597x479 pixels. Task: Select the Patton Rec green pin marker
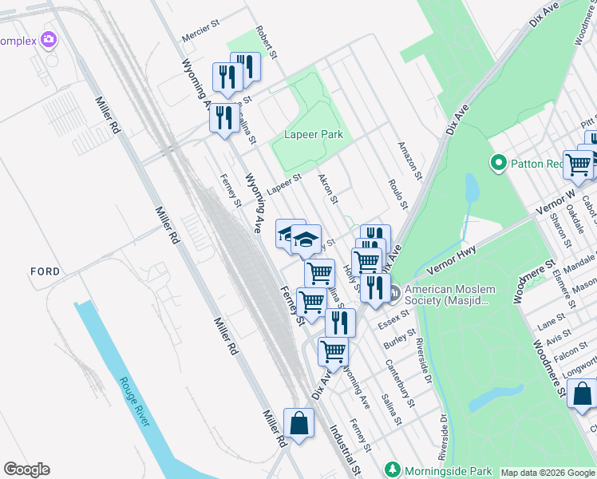pyautogui.click(x=499, y=164)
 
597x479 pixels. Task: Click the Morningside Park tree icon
pyautogui.click(x=391, y=469)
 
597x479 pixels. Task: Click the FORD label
pyautogui.click(x=45, y=271)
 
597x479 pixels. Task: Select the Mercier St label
pyautogui.click(x=200, y=32)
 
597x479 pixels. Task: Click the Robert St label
pyautogui.click(x=266, y=42)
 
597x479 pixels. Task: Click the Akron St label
pyautogui.click(x=328, y=188)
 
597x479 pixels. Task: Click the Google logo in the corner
pyautogui.click(x=26, y=469)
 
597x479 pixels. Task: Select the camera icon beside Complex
pyautogui.click(x=49, y=38)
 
